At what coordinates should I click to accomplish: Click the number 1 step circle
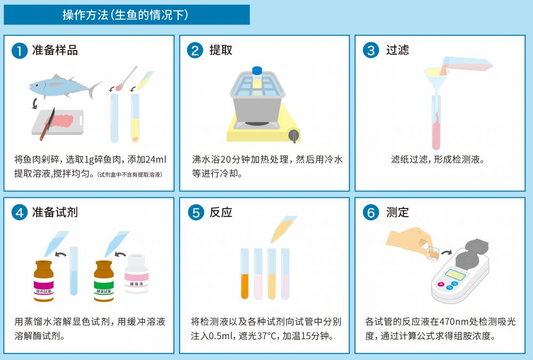[x=19, y=51]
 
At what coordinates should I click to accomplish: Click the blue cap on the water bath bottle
[x=257, y=70]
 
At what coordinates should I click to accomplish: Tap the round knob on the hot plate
[x=293, y=135]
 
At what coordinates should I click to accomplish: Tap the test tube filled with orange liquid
[x=245, y=275]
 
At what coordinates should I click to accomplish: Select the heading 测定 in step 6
[x=397, y=212]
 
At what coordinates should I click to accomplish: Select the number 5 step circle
[x=195, y=213]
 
